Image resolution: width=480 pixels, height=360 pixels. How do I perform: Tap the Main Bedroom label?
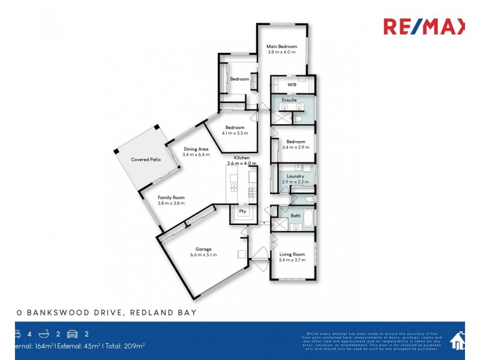[281, 46]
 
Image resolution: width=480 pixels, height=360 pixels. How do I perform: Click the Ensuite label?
[289, 100]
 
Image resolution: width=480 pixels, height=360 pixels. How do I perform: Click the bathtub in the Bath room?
[307, 218]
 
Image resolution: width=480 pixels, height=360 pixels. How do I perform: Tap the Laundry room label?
[295, 176]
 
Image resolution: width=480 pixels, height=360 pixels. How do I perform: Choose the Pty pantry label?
[243, 211]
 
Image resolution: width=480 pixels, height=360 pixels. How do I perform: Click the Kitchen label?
[242, 158]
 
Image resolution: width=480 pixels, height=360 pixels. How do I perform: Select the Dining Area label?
[196, 149]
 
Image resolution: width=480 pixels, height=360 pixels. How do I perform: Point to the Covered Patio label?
[146, 160]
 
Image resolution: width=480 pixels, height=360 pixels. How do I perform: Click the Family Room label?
[171, 197]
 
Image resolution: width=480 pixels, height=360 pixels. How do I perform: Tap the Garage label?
[203, 249]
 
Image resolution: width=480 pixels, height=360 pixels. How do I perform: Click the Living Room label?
[292, 254]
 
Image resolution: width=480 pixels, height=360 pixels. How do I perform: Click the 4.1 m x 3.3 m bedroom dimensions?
[235, 133]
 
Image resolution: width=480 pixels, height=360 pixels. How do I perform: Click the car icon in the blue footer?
[73, 334]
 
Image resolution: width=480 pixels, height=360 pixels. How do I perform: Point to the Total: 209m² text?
[125, 346]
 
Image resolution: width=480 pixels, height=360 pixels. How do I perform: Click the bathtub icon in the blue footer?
[44, 334]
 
